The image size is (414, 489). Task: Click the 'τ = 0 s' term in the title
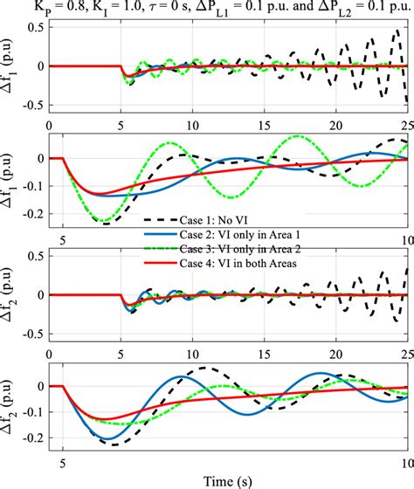(x=197, y=8)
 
